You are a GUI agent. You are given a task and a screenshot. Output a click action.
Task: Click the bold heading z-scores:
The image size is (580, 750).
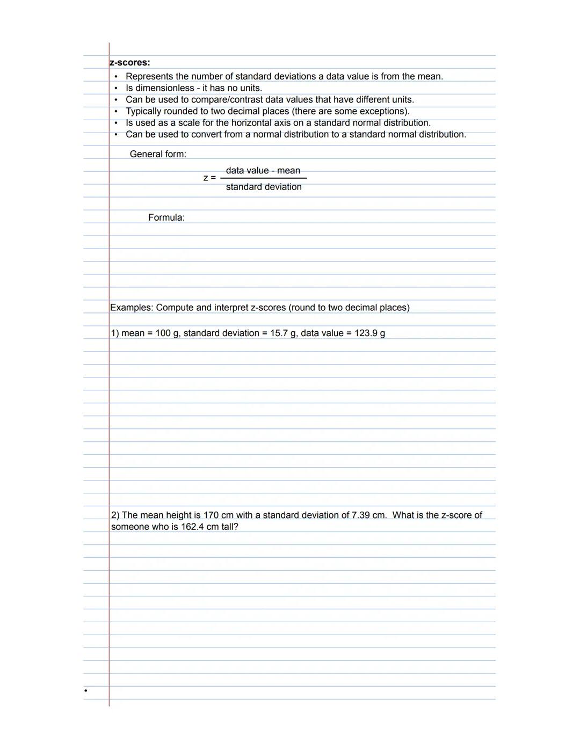(130, 63)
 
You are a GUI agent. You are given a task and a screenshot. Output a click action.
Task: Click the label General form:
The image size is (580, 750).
(158, 154)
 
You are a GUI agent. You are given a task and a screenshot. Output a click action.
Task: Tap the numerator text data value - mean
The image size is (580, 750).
(263, 171)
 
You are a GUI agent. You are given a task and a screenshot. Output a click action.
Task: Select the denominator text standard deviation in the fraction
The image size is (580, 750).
(264, 187)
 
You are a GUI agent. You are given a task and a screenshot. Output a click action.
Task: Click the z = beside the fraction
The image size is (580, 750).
(209, 178)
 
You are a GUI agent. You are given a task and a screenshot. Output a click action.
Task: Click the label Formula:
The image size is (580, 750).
(166, 217)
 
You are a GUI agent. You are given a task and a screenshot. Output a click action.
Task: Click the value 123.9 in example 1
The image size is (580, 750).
(366, 333)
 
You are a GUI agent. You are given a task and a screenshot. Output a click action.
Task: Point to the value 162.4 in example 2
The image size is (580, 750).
(192, 527)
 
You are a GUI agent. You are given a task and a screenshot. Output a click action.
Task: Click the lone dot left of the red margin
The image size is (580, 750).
(86, 690)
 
